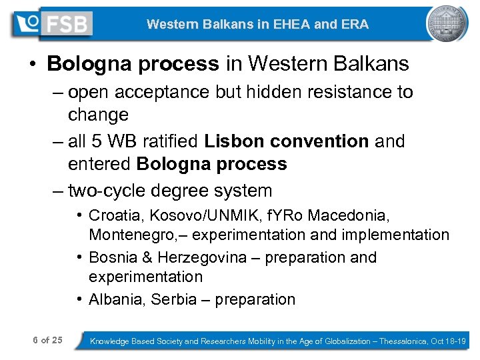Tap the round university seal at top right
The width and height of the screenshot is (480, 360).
pos(447,24)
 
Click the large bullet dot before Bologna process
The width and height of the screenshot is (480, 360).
pos(33,65)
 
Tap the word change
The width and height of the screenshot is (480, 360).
pos(97,115)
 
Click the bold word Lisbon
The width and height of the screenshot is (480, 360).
pos(233,141)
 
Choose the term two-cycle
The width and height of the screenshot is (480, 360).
pos(107,191)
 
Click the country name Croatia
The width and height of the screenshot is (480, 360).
pos(114,216)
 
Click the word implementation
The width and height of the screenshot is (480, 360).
pos(401,235)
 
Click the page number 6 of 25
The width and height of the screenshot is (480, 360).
pos(47,341)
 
